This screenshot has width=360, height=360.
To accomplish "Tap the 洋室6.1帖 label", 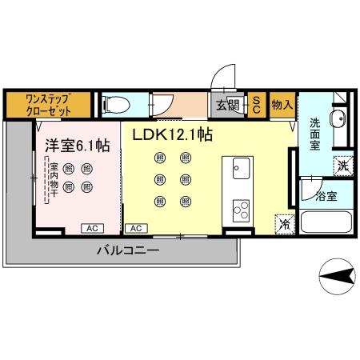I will [76, 146].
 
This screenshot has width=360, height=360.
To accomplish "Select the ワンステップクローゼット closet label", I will [48, 105].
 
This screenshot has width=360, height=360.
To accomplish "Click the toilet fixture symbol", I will [113, 104].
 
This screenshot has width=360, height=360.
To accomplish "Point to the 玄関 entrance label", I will [228, 105].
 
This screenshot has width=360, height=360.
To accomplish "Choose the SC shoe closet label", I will [256, 105].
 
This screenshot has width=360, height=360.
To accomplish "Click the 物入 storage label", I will [281, 105].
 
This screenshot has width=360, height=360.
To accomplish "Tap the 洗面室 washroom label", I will [315, 134].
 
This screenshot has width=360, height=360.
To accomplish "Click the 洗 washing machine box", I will [342, 166].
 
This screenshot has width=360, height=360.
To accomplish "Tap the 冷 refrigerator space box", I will [283, 225].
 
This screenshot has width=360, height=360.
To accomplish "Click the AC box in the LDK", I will [137, 228].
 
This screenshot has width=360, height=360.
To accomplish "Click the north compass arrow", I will [338, 276].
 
